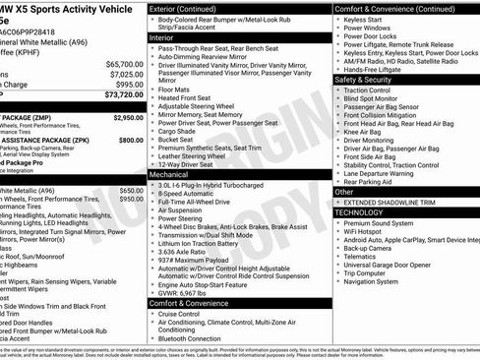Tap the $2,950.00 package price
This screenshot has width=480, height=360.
[128, 117]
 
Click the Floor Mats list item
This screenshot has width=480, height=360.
[177, 89]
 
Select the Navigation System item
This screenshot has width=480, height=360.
[378, 280]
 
